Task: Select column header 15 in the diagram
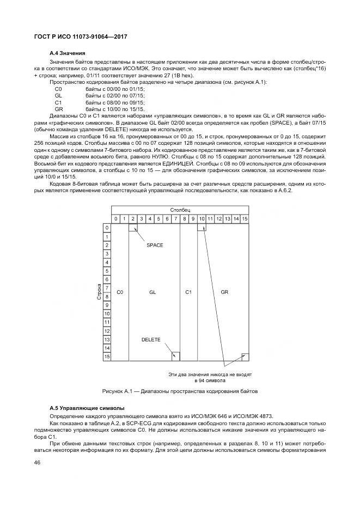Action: click(245, 219)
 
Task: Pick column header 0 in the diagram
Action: click(115, 219)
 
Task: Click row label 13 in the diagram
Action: click(107, 339)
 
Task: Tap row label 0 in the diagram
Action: click(107, 228)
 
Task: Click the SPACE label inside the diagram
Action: click(155, 246)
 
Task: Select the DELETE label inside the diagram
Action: click(151, 340)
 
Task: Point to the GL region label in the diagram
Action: click(152, 292)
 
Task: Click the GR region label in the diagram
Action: click(224, 292)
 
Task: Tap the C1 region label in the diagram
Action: click(188, 292)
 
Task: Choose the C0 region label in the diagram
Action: click(120, 292)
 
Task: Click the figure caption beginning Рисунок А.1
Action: click(180, 391)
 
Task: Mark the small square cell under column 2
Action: click(133, 228)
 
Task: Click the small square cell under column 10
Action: click(202, 228)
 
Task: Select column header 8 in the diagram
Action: click(185, 219)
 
